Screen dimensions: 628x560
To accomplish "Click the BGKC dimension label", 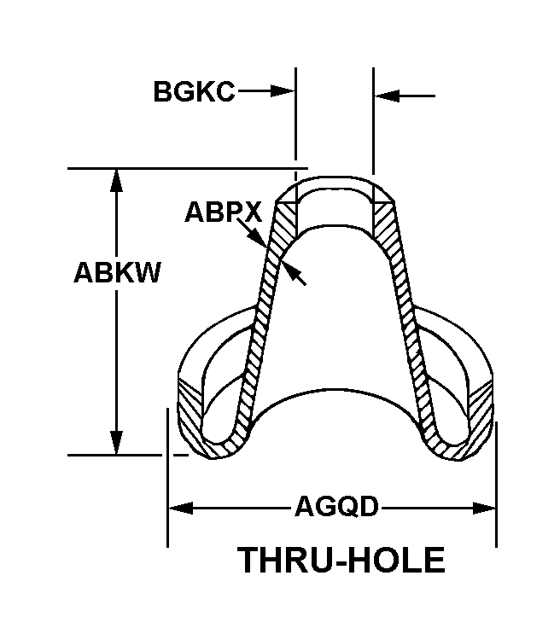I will tap(194, 91).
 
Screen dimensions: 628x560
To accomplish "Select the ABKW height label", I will tap(118, 273).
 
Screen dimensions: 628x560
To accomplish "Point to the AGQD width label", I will tap(336, 508).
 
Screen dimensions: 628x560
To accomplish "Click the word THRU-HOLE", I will tap(341, 561).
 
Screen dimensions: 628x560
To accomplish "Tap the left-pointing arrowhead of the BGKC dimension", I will tap(386, 96).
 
